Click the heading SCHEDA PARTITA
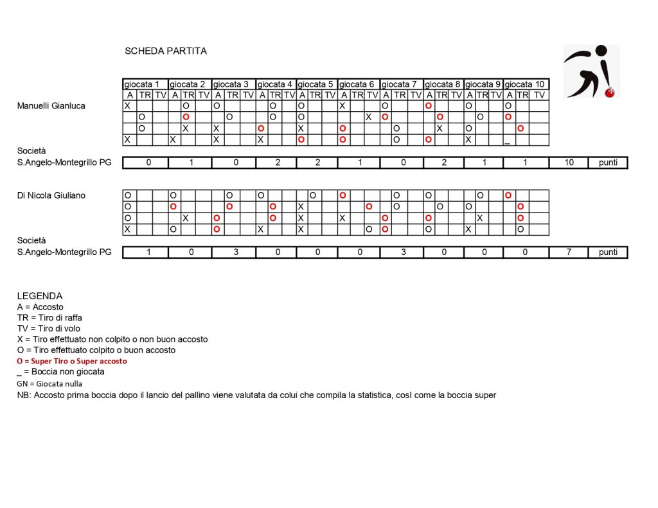click(x=166, y=51)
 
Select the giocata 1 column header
click(x=145, y=84)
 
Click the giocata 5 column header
click(x=317, y=84)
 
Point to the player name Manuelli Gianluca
click(x=51, y=106)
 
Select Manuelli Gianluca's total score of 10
click(x=568, y=163)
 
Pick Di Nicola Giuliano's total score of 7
click(x=568, y=252)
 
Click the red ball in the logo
click(x=610, y=92)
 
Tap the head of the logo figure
click(x=601, y=51)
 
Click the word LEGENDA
click(x=40, y=296)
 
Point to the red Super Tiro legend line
click(x=72, y=362)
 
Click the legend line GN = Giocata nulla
click(x=49, y=383)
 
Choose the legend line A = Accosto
click(x=40, y=307)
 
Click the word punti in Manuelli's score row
click(x=608, y=163)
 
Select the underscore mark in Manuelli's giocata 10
click(x=508, y=141)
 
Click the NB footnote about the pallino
click(x=256, y=395)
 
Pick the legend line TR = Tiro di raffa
click(x=49, y=318)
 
